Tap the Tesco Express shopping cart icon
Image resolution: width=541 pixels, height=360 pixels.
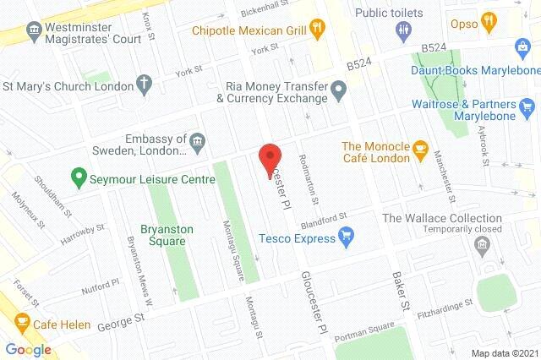346,237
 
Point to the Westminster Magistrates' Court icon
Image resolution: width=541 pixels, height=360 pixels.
35,31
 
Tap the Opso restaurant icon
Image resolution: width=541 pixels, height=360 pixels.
487,19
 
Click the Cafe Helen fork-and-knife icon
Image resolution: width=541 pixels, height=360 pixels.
22,322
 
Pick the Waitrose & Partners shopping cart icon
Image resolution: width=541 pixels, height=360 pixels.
528,106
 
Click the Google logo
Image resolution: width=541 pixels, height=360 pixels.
29,349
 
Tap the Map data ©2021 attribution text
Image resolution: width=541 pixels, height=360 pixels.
505,352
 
